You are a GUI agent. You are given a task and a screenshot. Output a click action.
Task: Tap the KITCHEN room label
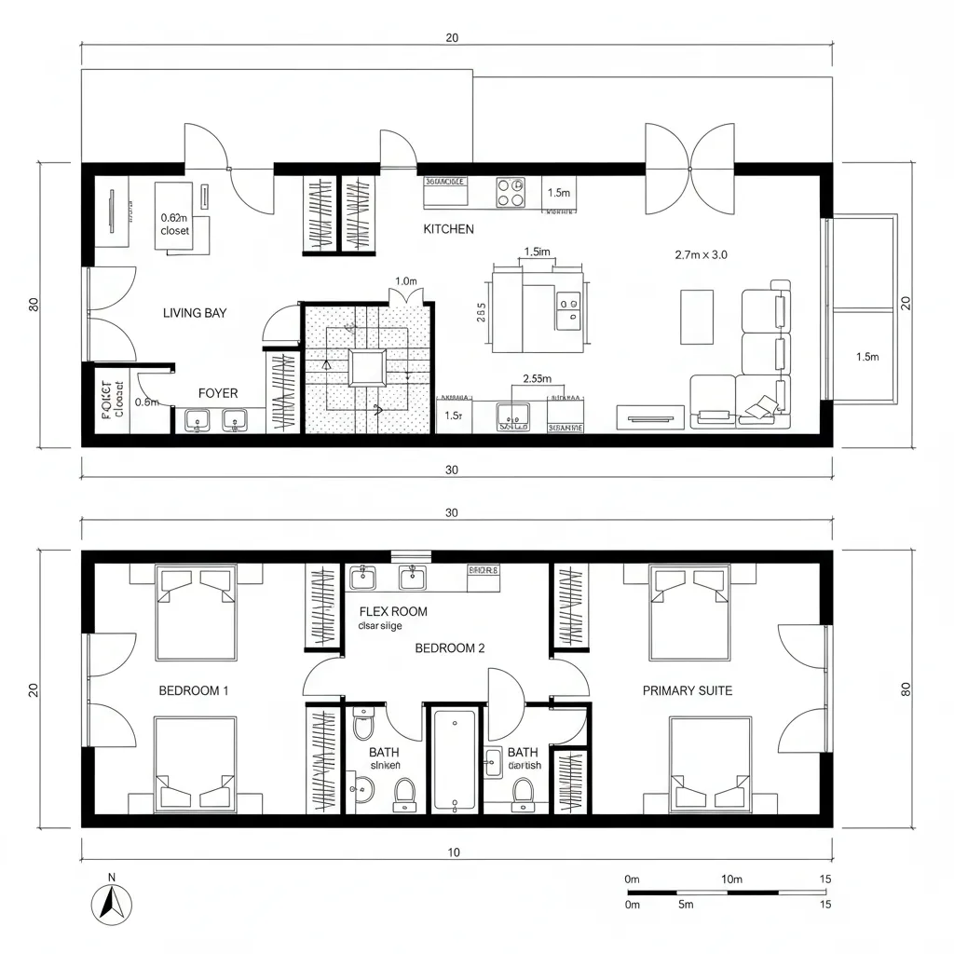(x=448, y=229)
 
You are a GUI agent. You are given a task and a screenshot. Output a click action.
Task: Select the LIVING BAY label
(x=195, y=313)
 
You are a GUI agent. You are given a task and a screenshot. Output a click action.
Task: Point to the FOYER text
(x=218, y=393)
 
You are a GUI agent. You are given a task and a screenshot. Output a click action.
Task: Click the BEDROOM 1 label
(x=194, y=690)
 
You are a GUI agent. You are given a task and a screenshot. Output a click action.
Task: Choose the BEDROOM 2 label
(x=449, y=648)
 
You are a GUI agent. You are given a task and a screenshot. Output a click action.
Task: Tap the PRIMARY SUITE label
(x=688, y=690)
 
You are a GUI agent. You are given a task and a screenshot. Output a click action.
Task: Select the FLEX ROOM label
(x=393, y=612)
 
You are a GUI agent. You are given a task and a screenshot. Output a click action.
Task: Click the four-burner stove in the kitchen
(x=510, y=192)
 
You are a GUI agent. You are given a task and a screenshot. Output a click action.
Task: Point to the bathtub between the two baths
(x=455, y=759)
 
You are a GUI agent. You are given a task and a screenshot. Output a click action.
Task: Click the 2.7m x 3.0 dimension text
(x=700, y=253)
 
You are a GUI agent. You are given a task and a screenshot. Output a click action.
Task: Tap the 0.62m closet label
(x=174, y=224)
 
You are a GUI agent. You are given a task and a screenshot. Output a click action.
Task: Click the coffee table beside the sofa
(x=697, y=316)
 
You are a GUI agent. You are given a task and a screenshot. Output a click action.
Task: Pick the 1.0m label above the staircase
(x=405, y=280)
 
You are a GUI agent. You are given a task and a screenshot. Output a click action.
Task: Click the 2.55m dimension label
(x=538, y=378)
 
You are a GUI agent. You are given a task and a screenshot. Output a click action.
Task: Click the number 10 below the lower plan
(x=453, y=852)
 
